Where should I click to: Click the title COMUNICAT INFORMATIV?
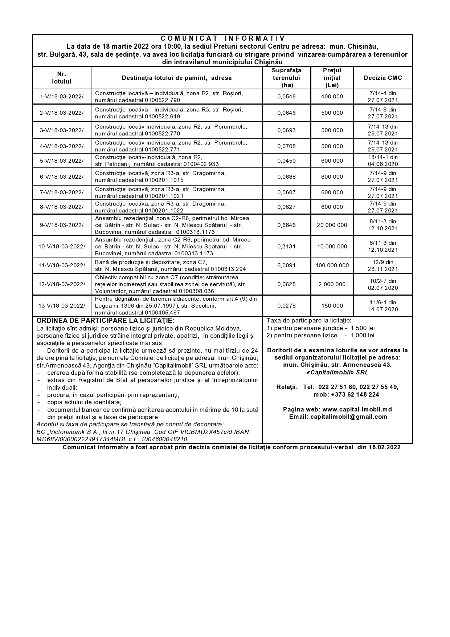222,38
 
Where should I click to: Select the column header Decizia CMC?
383,78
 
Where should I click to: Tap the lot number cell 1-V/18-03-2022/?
62,97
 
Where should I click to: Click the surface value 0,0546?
286,97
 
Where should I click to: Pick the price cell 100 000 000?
332,265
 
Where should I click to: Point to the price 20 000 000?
332,225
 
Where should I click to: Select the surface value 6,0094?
286,265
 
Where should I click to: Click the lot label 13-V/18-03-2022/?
62,306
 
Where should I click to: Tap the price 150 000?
332,306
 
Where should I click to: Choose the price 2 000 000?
332,284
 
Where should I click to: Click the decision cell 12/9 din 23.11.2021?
383,265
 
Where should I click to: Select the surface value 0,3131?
286,247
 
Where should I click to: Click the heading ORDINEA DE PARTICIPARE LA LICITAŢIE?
106,321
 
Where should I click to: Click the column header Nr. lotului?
62,78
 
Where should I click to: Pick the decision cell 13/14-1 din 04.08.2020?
383,161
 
